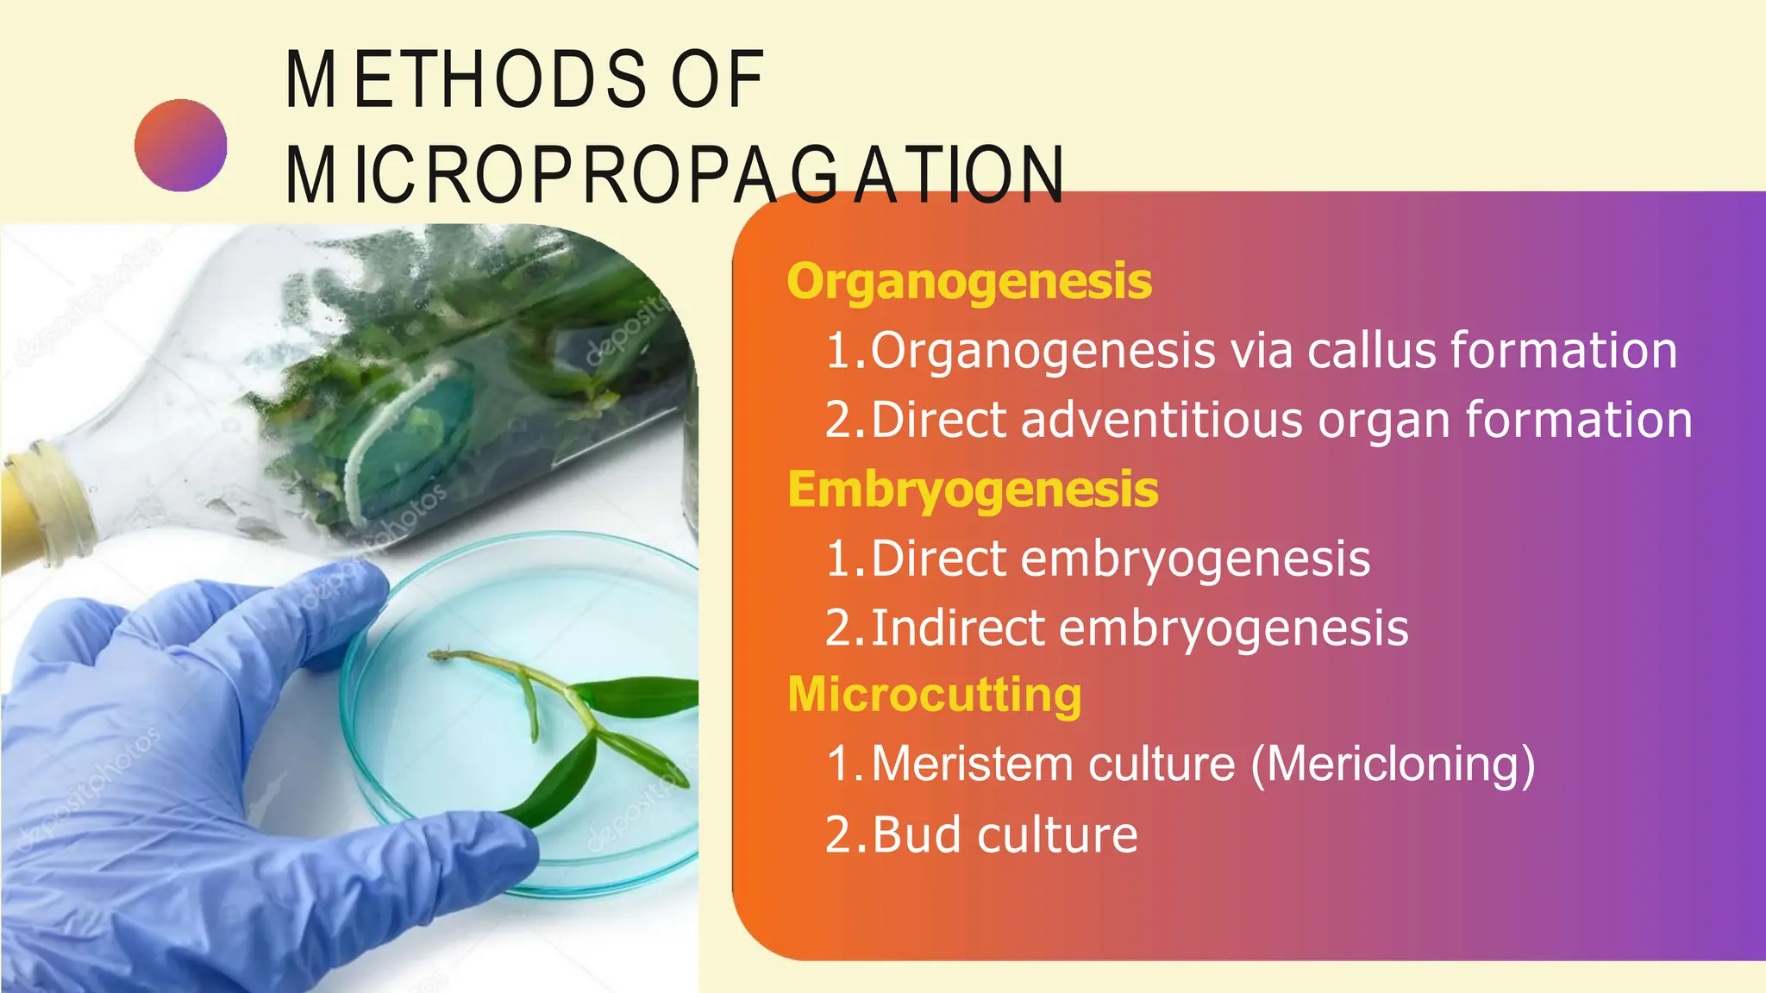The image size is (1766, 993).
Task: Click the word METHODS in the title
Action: (x=466, y=79)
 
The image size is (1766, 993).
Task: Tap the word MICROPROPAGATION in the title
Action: (x=674, y=176)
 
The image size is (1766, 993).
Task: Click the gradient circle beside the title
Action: (x=181, y=145)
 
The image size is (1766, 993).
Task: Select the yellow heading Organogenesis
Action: (x=969, y=281)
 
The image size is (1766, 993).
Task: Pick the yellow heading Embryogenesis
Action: (x=973, y=489)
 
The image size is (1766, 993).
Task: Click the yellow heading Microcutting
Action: (x=935, y=695)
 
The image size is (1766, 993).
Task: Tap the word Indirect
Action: (x=958, y=628)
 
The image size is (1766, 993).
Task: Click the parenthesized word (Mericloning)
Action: (x=1393, y=765)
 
